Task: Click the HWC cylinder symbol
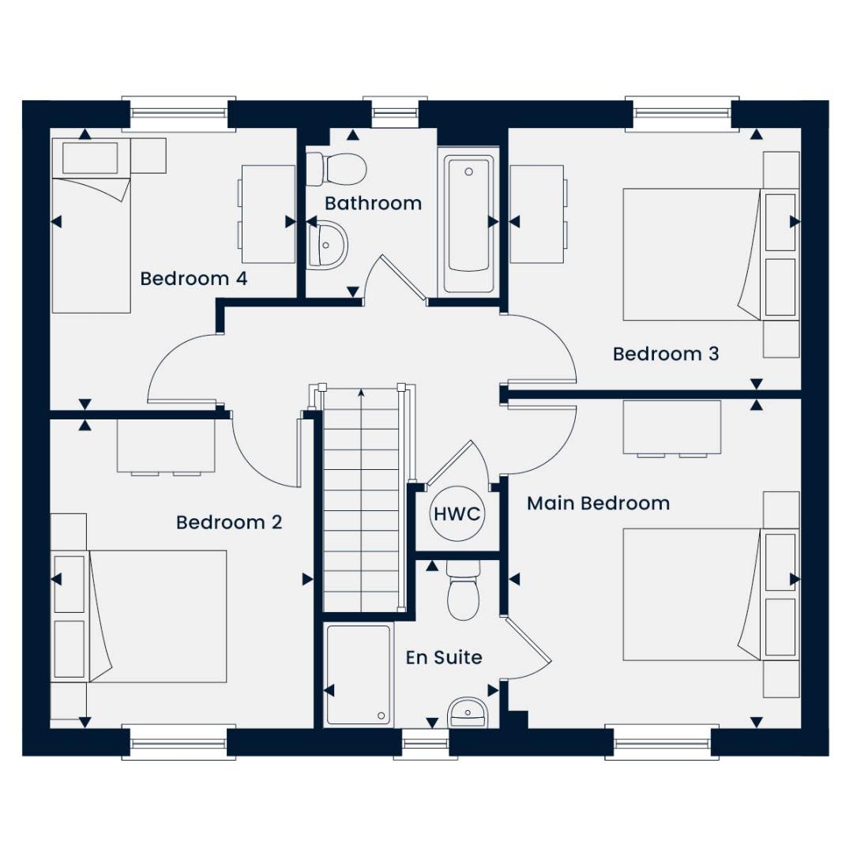(457, 513)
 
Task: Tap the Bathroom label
(373, 204)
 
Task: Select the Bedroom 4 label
(194, 279)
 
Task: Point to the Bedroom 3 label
(666, 354)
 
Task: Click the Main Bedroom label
(599, 503)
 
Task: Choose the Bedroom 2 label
(229, 522)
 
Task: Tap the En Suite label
(444, 657)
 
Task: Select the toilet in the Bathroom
(336, 169)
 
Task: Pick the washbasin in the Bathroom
(327, 246)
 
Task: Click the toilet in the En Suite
(463, 590)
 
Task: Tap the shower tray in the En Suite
(359, 675)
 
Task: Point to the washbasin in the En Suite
(468, 712)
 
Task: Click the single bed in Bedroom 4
(92, 225)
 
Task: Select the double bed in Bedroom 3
(692, 254)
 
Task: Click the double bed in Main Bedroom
(692, 594)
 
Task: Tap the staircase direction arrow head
(361, 392)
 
